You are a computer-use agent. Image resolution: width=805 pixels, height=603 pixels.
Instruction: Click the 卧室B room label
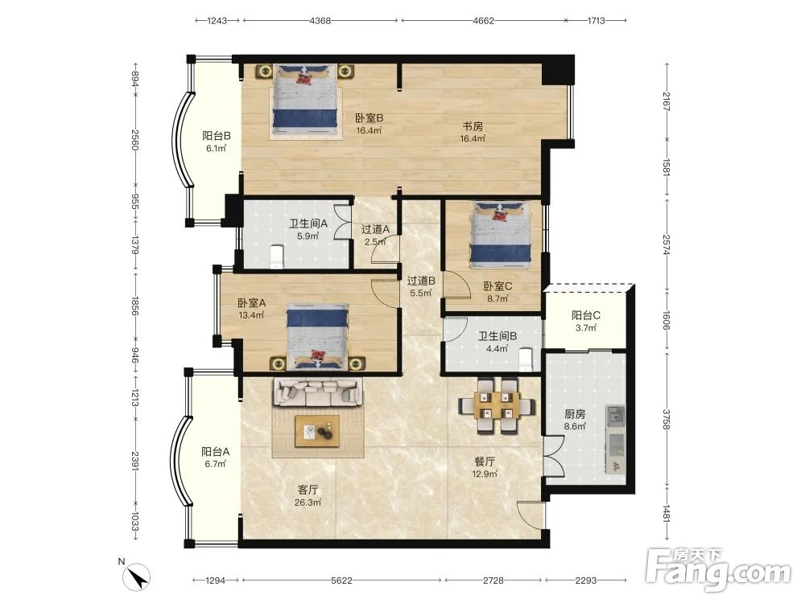(369, 118)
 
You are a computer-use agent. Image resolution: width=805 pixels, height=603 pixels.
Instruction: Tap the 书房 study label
(473, 126)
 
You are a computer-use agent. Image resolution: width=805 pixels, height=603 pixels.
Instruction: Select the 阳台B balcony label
(216, 136)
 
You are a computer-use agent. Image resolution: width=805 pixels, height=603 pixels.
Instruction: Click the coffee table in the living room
(316, 432)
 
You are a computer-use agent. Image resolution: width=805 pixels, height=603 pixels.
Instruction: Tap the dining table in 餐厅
(496, 405)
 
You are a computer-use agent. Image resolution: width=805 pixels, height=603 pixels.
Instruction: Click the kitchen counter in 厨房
(616, 440)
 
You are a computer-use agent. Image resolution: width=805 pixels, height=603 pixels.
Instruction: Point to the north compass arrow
(138, 578)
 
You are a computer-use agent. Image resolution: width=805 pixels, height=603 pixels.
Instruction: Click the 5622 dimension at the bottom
(341, 580)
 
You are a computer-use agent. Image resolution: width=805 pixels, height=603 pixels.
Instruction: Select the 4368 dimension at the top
(320, 21)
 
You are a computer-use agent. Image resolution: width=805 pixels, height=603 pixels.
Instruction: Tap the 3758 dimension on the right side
(667, 419)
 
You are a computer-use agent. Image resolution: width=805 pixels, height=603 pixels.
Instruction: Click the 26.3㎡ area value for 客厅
(308, 503)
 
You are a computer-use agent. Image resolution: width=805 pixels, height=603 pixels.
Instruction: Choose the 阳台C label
(586, 315)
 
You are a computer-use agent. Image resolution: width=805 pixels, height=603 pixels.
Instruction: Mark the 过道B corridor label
(421, 281)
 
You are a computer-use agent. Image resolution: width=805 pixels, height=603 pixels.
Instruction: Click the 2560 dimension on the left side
(134, 139)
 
